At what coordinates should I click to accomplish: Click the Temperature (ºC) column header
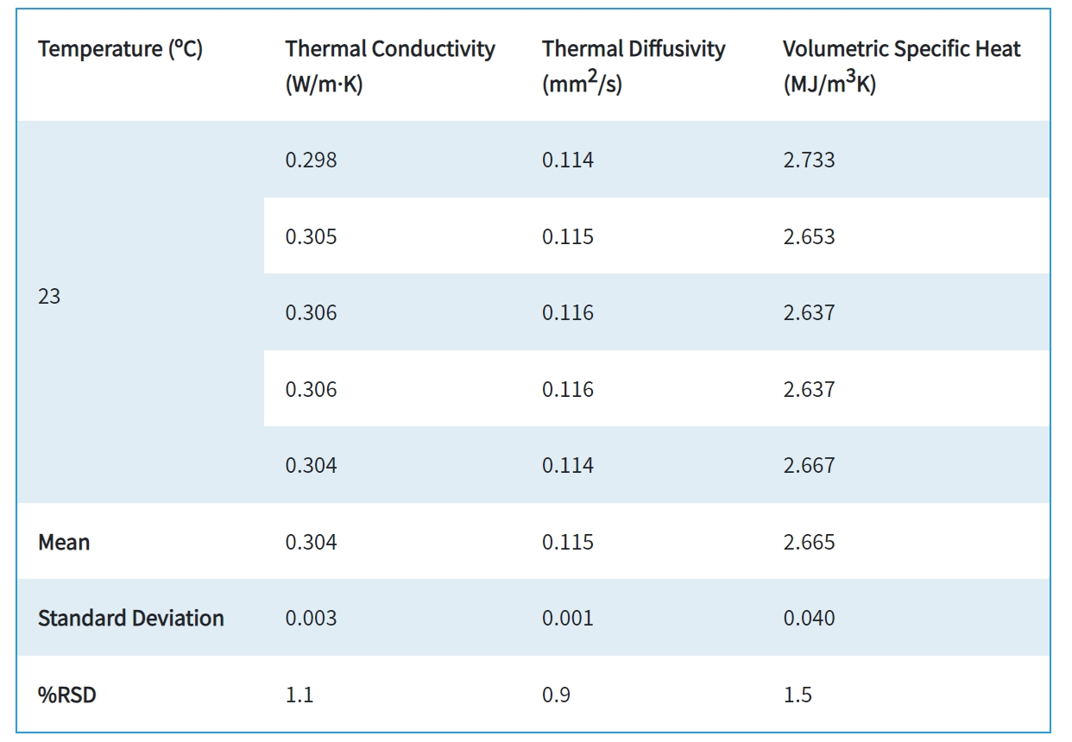(x=120, y=49)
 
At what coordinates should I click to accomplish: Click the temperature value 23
(x=49, y=297)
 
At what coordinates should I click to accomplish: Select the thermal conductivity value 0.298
(x=311, y=160)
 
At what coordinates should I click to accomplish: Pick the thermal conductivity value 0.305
(x=311, y=237)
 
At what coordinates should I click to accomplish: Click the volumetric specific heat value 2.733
(x=809, y=160)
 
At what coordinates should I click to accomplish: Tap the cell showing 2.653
(x=809, y=237)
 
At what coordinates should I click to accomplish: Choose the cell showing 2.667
(x=809, y=466)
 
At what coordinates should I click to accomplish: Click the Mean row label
(x=64, y=543)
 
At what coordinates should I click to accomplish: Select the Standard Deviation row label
(x=130, y=619)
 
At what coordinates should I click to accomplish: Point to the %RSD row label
(x=66, y=695)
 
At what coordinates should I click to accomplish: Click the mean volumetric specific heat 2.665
(x=809, y=543)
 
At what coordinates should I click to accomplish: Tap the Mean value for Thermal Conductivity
(x=311, y=543)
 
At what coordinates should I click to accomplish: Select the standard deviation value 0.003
(x=311, y=619)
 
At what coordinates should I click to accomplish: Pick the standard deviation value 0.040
(x=809, y=619)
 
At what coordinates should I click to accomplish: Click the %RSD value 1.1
(x=299, y=695)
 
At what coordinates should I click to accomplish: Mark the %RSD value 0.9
(x=556, y=695)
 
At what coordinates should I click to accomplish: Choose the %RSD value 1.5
(x=798, y=695)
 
